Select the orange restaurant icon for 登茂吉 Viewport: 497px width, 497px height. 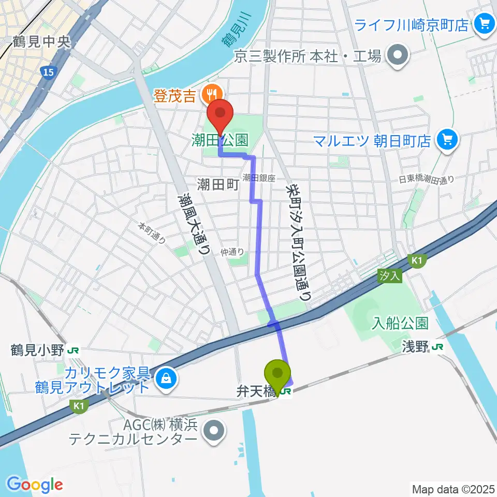point(211,94)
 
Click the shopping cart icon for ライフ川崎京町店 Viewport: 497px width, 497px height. point(485,24)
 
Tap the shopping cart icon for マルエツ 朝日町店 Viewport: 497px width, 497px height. point(445,140)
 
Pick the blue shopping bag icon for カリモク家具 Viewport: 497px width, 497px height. point(165,376)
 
